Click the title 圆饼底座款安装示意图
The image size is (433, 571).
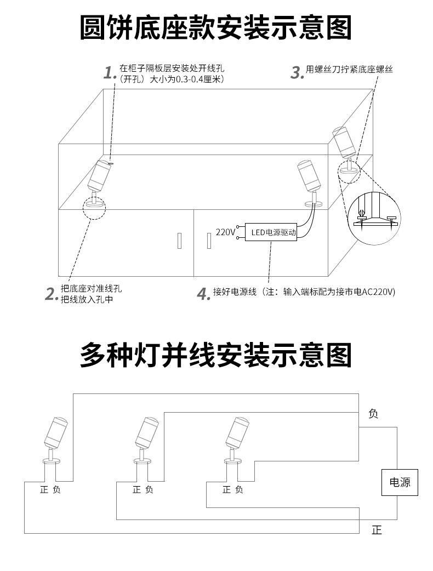click(x=216, y=28)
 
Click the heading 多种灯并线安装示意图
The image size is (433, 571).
click(x=216, y=355)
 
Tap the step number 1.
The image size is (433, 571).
click(x=110, y=72)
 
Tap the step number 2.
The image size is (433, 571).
click(x=52, y=294)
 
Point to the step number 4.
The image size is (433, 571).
click(x=204, y=294)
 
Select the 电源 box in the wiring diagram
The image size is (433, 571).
click(x=399, y=483)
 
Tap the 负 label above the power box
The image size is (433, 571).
click(x=373, y=414)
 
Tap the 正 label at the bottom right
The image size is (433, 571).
click(x=376, y=530)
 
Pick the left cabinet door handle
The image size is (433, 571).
click(x=179, y=240)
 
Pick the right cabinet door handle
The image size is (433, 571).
click(x=208, y=240)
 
